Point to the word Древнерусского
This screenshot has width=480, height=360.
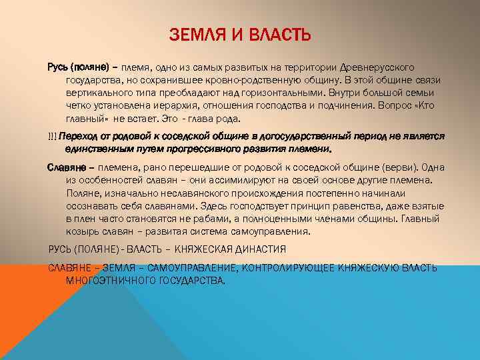[379, 68]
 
